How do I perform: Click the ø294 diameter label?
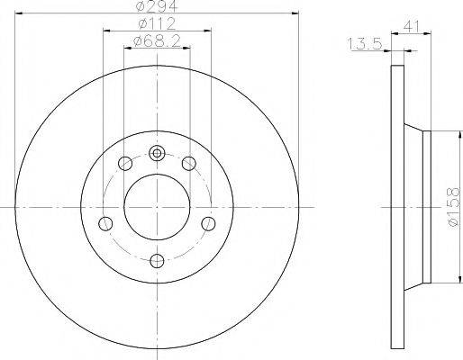(157, 5)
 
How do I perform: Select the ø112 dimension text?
(157, 23)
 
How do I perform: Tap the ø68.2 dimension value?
(157, 40)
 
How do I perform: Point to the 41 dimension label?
(412, 26)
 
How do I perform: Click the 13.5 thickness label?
(364, 44)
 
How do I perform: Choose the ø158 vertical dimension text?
(453, 207)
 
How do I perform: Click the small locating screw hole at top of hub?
(157, 153)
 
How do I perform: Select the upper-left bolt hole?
(125, 163)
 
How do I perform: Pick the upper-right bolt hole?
(189, 164)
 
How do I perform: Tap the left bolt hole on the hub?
(105, 223)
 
